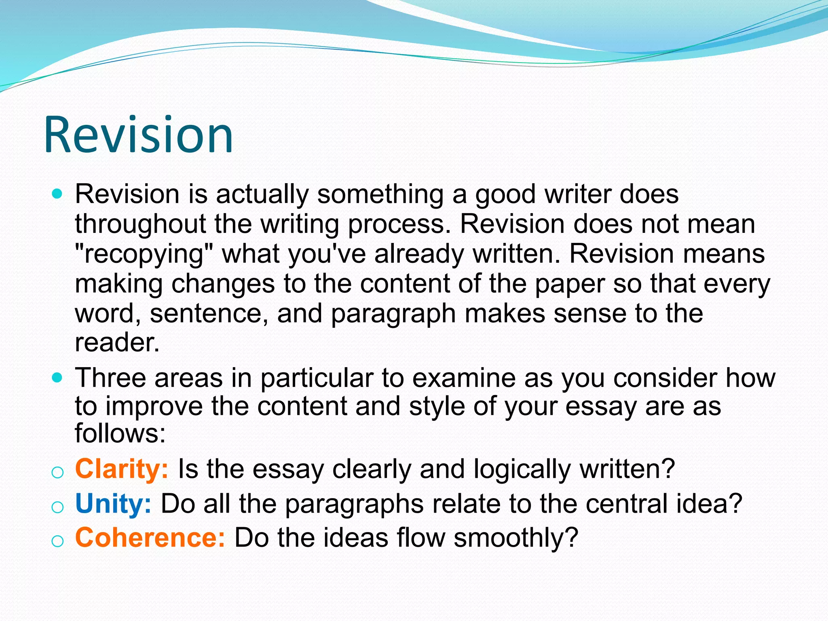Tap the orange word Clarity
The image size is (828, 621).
click(x=121, y=469)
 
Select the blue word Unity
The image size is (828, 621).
click(x=113, y=504)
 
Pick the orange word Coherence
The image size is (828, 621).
click(x=150, y=538)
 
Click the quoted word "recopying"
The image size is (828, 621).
click(x=144, y=254)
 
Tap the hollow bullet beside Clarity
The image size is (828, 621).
click(x=58, y=472)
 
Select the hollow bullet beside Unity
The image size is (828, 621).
click(x=58, y=507)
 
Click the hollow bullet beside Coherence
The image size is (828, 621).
click(x=58, y=541)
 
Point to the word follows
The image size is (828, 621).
click(x=120, y=433)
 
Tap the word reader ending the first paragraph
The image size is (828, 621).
click(x=117, y=343)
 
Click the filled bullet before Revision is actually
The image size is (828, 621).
click(x=58, y=194)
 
